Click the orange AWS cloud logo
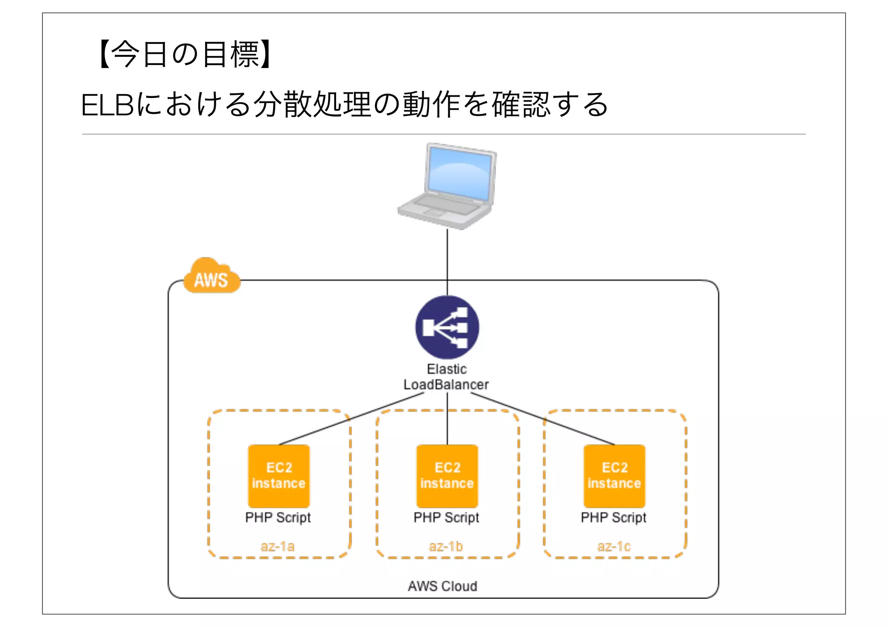click(x=212, y=277)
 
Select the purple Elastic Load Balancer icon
click(x=447, y=327)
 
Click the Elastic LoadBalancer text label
click(x=446, y=377)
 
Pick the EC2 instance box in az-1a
click(x=279, y=475)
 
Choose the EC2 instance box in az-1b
click(x=447, y=475)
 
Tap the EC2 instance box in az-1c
click(x=614, y=475)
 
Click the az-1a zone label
click(x=277, y=546)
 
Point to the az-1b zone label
click(x=446, y=546)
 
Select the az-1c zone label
click(x=614, y=546)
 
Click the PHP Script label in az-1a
click(x=278, y=517)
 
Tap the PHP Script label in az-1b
click(x=446, y=517)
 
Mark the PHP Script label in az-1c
click(x=614, y=517)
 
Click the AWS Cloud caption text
click(x=442, y=586)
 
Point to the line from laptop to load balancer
click(x=447, y=256)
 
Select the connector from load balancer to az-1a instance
click(x=351, y=419)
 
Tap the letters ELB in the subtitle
click(x=107, y=105)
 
